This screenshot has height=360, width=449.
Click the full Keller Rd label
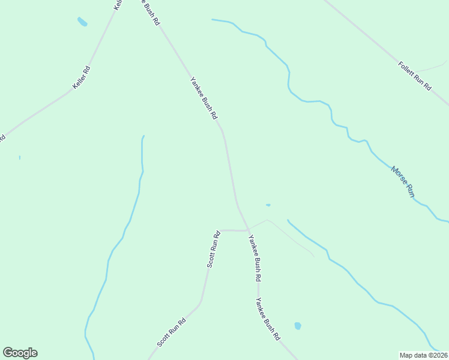(82, 77)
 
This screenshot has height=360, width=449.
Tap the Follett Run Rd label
(415, 76)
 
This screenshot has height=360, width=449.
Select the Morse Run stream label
(403, 182)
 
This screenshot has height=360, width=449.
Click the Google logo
(20, 353)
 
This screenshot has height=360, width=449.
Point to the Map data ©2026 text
(423, 355)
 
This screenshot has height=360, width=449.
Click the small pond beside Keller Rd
(82, 22)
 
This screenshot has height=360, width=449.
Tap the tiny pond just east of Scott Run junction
(268, 205)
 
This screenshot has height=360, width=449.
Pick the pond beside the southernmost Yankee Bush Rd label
(297, 326)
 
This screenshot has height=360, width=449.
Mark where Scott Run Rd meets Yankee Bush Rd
(249, 230)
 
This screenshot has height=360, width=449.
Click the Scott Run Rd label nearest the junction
(214, 250)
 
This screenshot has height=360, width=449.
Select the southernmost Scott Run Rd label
(172, 332)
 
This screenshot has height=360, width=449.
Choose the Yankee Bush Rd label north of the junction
(203, 98)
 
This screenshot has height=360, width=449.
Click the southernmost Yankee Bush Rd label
(268, 320)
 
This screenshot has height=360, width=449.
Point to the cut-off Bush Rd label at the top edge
(151, 11)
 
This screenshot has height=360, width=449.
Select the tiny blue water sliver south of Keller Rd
(20, 157)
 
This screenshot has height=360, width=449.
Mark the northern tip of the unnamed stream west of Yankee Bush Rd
(143, 136)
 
